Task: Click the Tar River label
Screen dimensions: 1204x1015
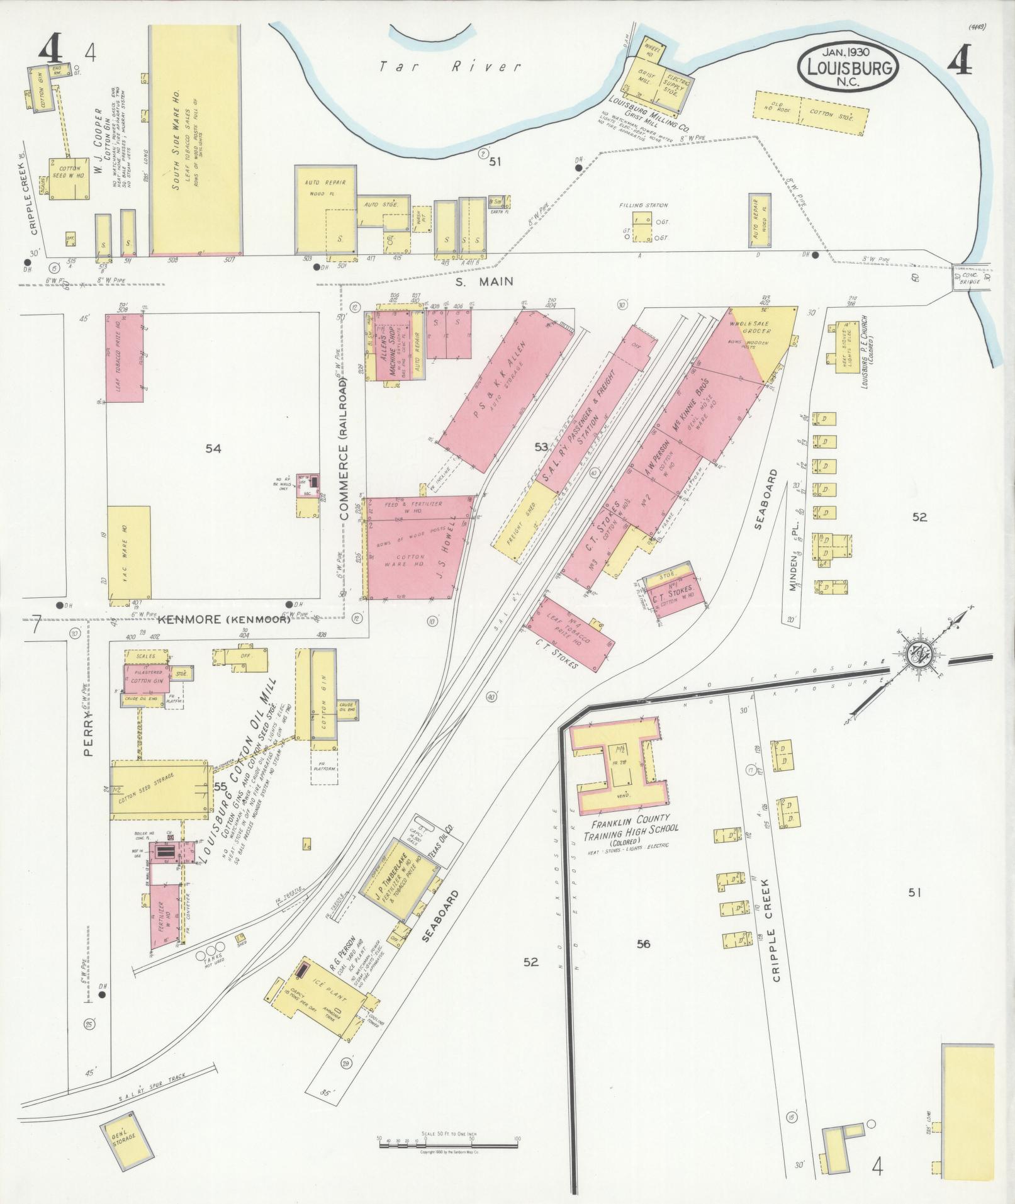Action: (x=451, y=66)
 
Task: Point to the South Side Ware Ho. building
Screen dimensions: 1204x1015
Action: (x=195, y=140)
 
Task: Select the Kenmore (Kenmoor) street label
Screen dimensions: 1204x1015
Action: (x=223, y=620)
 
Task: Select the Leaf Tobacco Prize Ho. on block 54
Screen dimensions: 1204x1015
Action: (x=124, y=360)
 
